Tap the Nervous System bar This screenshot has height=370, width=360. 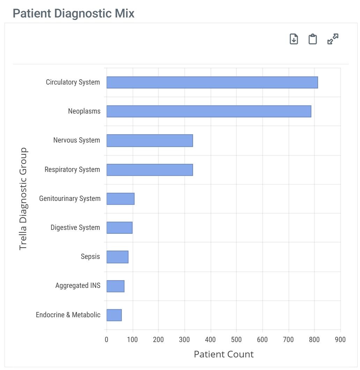click(x=149, y=140)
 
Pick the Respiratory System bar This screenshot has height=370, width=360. click(x=149, y=170)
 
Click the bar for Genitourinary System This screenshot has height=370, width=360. click(x=120, y=199)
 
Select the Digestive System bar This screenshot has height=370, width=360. click(x=119, y=228)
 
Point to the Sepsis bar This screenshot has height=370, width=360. click(x=117, y=257)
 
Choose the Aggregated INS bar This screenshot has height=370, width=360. click(x=115, y=286)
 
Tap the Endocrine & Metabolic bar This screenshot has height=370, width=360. click(x=114, y=315)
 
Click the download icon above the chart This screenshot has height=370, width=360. click(x=294, y=39)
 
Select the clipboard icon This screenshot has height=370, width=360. click(x=313, y=39)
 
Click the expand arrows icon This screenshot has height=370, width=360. click(x=333, y=39)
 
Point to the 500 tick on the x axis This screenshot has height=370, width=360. click(x=236, y=340)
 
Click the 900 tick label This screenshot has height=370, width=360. click(x=340, y=340)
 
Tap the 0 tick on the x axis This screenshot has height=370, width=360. click(x=106, y=340)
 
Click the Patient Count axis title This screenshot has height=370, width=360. click(x=223, y=354)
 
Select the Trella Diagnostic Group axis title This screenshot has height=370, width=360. click(x=23, y=199)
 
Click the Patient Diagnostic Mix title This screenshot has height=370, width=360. click(x=74, y=14)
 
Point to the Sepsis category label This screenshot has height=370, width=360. click(x=90, y=257)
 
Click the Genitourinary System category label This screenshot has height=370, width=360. click(x=70, y=199)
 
